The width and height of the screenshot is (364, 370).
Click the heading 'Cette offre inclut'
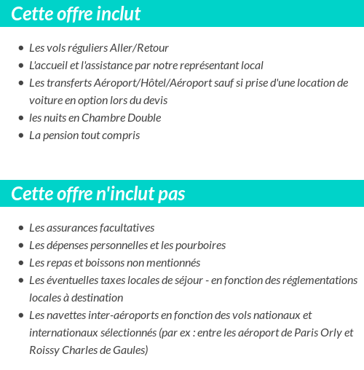[x=76, y=14]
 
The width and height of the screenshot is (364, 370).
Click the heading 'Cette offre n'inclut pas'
[x=98, y=194]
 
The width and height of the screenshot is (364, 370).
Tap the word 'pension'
[x=61, y=135]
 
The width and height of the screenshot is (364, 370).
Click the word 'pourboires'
[x=199, y=245]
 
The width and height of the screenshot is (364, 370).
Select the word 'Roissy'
[x=46, y=350]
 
